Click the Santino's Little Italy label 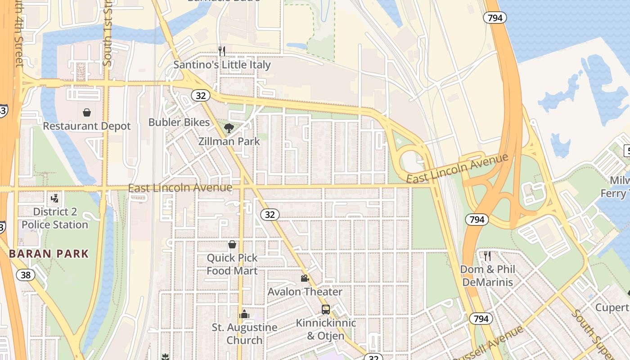(x=222, y=65)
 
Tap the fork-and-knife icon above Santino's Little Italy (x=221, y=51)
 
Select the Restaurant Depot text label (x=86, y=126)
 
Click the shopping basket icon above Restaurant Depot (x=86, y=112)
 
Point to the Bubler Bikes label (x=179, y=122)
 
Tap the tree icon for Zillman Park (x=229, y=128)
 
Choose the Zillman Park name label (x=229, y=141)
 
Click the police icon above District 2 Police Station (x=55, y=198)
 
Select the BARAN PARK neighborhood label (x=49, y=254)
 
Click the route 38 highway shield (x=25, y=274)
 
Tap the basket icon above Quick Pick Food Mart (x=232, y=244)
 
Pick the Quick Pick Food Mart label (x=232, y=265)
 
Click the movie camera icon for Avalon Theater (x=305, y=278)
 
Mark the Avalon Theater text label (x=305, y=292)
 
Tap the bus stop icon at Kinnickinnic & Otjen (x=325, y=310)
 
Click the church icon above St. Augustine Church (x=244, y=314)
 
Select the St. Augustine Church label (x=244, y=333)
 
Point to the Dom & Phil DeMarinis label (x=487, y=276)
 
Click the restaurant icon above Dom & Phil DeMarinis (x=487, y=256)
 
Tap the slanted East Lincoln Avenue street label (x=457, y=168)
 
